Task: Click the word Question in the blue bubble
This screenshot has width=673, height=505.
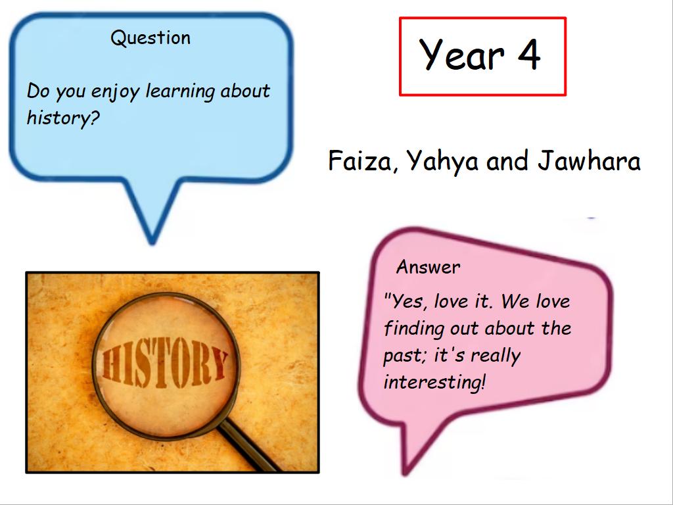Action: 151,38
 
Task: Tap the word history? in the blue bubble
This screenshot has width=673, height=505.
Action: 63,118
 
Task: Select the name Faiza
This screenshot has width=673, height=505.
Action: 360,160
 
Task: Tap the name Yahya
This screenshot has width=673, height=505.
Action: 442,162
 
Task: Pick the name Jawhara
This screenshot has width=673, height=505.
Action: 589,160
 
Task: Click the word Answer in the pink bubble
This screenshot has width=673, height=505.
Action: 428,267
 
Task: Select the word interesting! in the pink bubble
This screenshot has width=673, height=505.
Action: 435,382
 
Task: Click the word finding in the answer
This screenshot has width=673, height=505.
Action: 414,329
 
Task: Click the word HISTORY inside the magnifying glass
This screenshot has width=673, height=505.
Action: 165,363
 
